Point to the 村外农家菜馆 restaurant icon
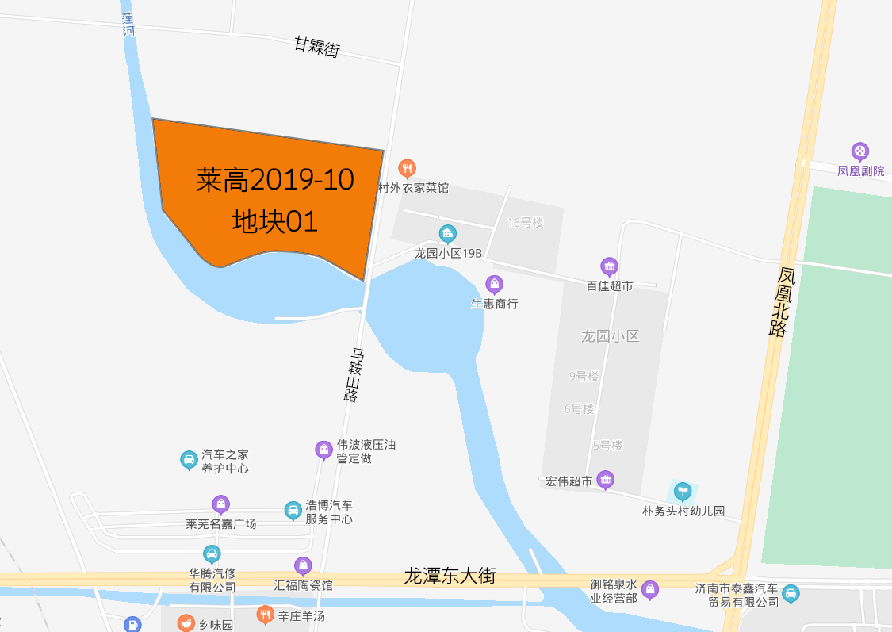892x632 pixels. click(407, 167)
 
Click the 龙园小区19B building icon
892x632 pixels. click(447, 233)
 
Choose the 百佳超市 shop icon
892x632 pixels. click(609, 266)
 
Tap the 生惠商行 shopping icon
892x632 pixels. click(495, 284)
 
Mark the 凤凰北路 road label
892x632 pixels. click(783, 301)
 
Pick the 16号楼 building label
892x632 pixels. click(525, 223)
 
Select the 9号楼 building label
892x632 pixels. click(584, 376)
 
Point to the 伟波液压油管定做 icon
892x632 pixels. click(323, 449)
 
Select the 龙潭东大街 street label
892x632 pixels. click(450, 575)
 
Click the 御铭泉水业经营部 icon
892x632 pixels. click(650, 588)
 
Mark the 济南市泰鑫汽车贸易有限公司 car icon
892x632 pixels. click(791, 592)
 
